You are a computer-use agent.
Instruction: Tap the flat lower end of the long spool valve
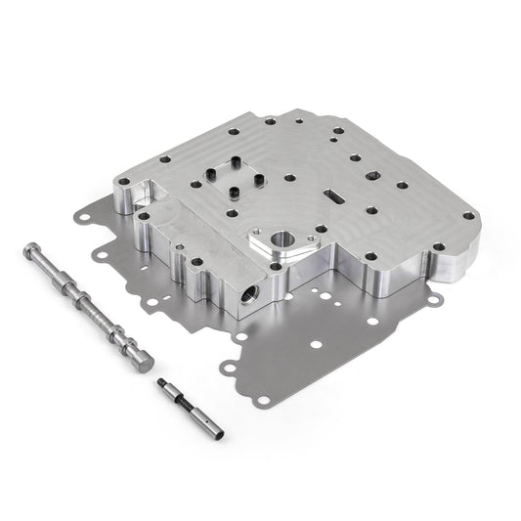[149, 363]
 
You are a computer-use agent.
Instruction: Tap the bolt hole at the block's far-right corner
[469, 216]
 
